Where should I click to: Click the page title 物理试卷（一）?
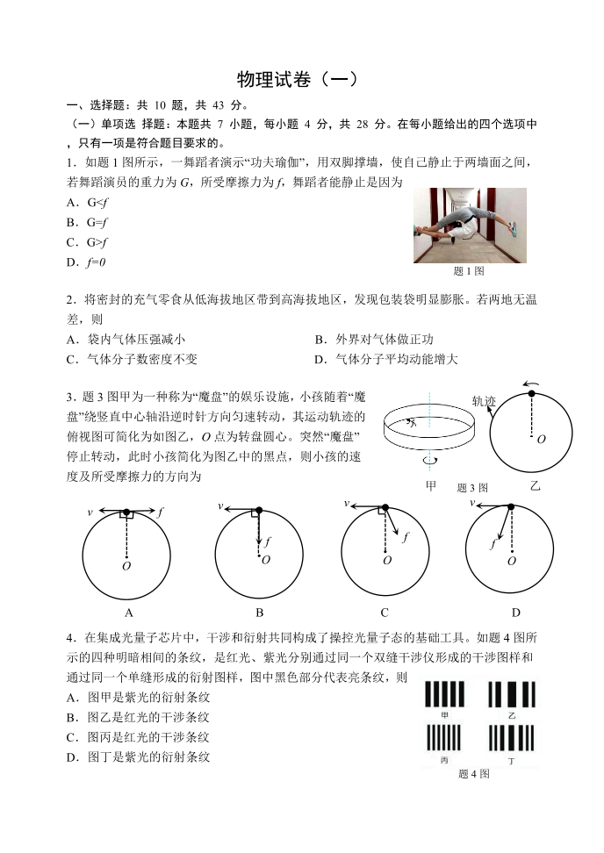pyautogui.click(x=299, y=78)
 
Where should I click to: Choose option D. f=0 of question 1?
pyautogui.click(x=86, y=262)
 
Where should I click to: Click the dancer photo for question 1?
pyautogui.click(x=470, y=225)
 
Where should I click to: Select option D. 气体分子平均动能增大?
pyautogui.click(x=385, y=359)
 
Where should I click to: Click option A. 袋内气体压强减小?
pyautogui.click(x=126, y=339)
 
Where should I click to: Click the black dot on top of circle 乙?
pyautogui.click(x=531, y=393)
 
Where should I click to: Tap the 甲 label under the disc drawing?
pyautogui.click(x=430, y=485)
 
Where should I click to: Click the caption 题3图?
pyautogui.click(x=472, y=488)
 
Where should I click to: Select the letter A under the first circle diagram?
pyautogui.click(x=129, y=613)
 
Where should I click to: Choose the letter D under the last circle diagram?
pyautogui.click(x=516, y=613)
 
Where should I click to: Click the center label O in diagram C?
pyautogui.click(x=387, y=560)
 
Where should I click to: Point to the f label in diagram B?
pyautogui.click(x=268, y=541)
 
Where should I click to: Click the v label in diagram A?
pyautogui.click(x=90, y=511)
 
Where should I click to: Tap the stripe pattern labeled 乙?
pyautogui.click(x=510, y=695)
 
